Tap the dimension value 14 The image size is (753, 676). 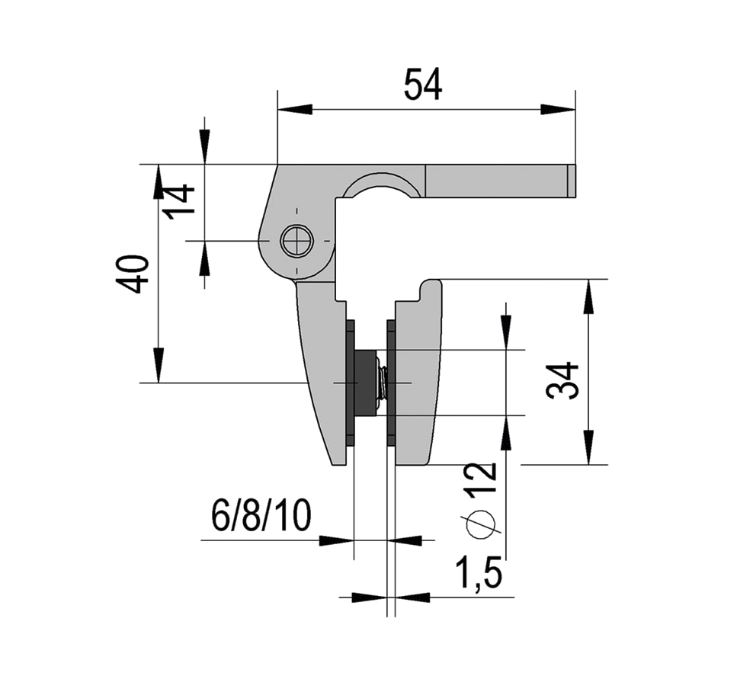(x=181, y=202)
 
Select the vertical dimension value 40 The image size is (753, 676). (x=132, y=274)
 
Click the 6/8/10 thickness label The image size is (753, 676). (x=261, y=517)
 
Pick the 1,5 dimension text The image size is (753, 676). (x=478, y=573)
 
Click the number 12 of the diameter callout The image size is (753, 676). (x=482, y=479)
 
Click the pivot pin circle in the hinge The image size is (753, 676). (x=296, y=242)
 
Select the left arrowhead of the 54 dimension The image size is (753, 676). (x=294, y=110)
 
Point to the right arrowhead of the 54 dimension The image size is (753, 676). (x=558, y=110)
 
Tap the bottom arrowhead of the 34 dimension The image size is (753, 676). (x=588, y=447)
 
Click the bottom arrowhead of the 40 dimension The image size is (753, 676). (x=158, y=365)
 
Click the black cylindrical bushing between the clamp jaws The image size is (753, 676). (x=367, y=383)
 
